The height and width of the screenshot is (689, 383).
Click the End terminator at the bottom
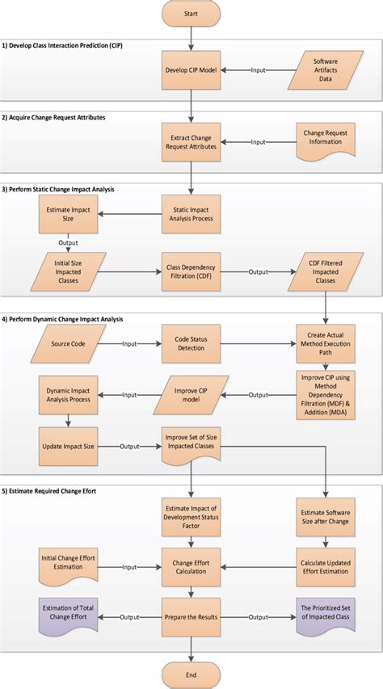(x=191, y=674)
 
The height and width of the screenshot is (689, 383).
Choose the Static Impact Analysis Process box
(x=191, y=213)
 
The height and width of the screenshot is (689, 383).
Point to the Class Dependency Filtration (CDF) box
(x=191, y=271)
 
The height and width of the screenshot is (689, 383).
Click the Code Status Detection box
(x=191, y=344)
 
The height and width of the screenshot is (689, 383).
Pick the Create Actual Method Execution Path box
(x=325, y=344)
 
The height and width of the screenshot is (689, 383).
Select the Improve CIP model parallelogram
(x=191, y=396)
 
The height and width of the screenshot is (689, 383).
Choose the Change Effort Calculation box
(x=191, y=565)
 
